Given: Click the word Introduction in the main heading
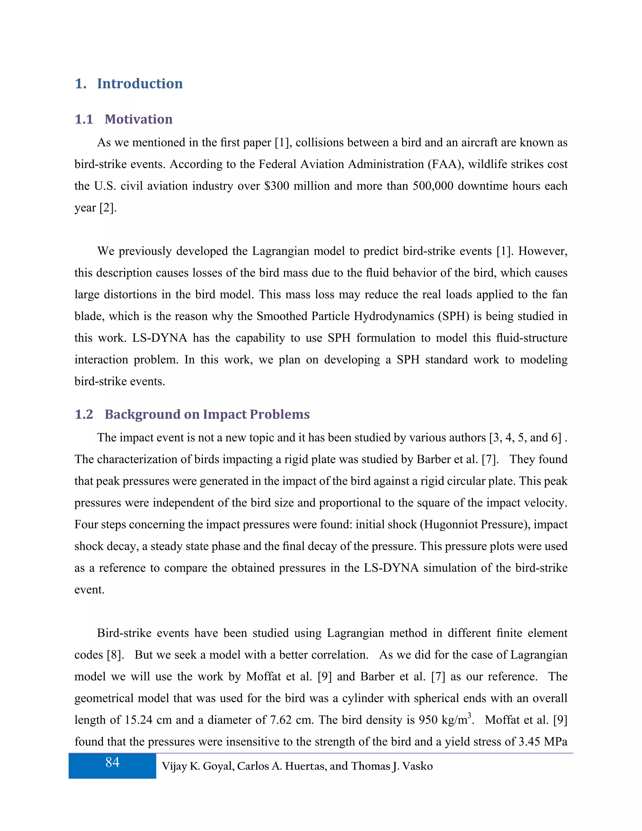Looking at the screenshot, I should (x=139, y=84).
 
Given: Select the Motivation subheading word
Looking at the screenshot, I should (x=139, y=119).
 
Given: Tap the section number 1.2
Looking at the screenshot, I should (x=84, y=414).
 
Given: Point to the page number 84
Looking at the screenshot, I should (x=112, y=762).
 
